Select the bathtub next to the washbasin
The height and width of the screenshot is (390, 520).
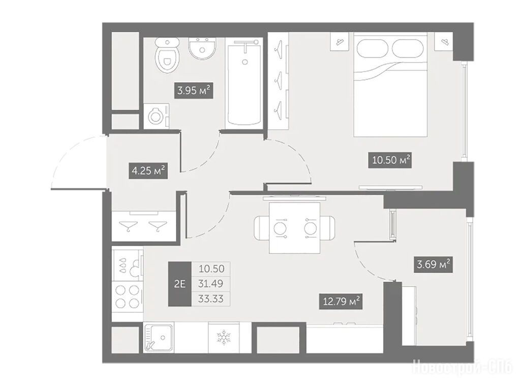[x=244, y=83]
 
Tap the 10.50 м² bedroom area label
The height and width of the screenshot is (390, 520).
[x=390, y=160]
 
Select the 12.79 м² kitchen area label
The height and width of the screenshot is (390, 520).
[x=341, y=301]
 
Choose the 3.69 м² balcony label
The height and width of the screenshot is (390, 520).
[x=433, y=265]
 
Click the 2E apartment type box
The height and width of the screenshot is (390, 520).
[x=180, y=284]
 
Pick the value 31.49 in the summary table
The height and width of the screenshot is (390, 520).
[x=211, y=284]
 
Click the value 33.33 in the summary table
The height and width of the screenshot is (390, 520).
[x=211, y=299]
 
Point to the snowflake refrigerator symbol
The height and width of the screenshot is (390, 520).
[x=224, y=338]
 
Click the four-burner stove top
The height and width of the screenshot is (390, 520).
[x=127, y=296]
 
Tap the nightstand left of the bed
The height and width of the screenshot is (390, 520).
[x=340, y=42]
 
